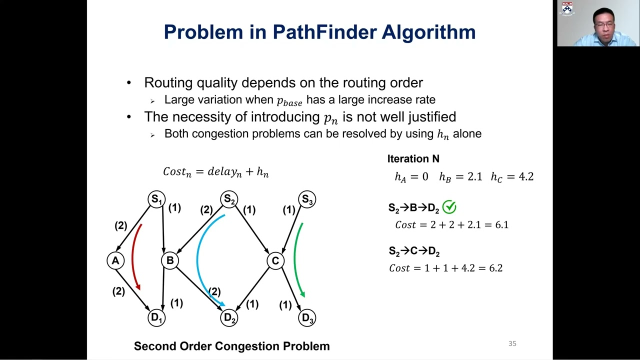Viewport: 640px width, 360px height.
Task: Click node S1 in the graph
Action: tap(156, 199)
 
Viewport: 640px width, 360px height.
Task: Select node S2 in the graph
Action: tap(229, 199)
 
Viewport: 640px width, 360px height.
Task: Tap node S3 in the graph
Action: tap(307, 199)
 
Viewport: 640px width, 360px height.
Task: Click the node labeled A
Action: tap(115, 260)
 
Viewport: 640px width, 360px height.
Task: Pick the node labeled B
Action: tap(170, 260)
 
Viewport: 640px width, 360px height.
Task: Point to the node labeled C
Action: tap(275, 260)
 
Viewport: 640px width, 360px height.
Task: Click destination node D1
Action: tap(156, 317)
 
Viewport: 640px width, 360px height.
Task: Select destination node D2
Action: tap(229, 317)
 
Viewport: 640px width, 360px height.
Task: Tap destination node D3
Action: tap(307, 317)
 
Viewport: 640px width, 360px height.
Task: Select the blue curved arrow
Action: tap(199, 260)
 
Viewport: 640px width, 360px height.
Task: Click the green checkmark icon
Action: tap(449, 207)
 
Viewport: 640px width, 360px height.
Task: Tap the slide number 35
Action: tap(512, 343)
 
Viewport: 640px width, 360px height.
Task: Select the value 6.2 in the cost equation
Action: tap(495, 268)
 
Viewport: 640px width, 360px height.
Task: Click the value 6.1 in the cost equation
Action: tap(501, 225)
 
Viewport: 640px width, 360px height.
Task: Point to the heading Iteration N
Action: tap(413, 159)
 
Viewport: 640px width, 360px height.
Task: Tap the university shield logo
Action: tap(567, 8)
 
